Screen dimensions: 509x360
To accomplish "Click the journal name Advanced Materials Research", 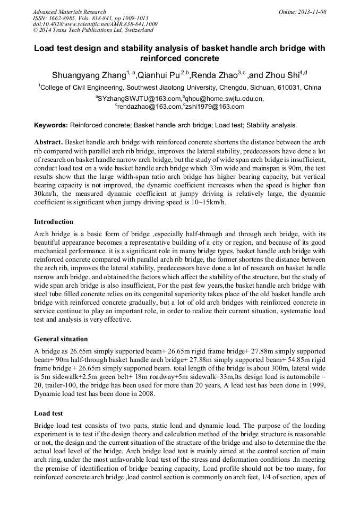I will tap(69, 12).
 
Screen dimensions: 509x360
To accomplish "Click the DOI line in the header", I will tap(95, 24).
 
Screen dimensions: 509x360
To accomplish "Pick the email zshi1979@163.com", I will tap(216, 106).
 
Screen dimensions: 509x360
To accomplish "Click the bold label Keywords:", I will tap(51, 125).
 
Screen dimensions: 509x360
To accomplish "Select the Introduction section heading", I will tap(54, 221).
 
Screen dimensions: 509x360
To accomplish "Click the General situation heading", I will tap(61, 339).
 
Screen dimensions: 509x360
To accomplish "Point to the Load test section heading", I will tap(48, 413).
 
